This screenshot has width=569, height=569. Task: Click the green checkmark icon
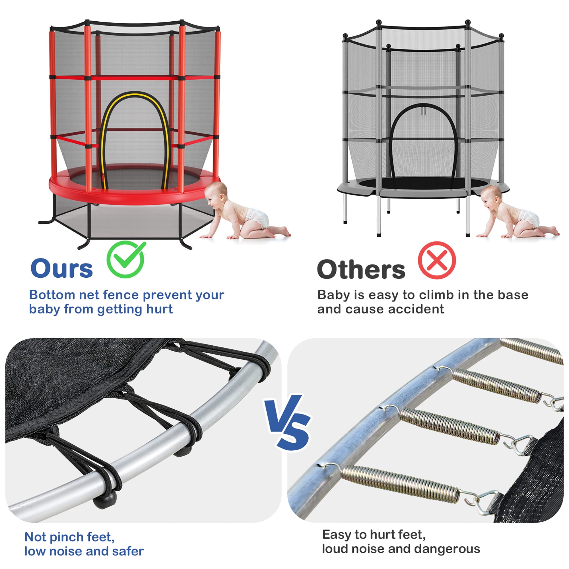pos(125,259)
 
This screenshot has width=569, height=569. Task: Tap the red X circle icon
pos(436,260)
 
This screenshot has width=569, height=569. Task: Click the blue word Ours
pos(61,268)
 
